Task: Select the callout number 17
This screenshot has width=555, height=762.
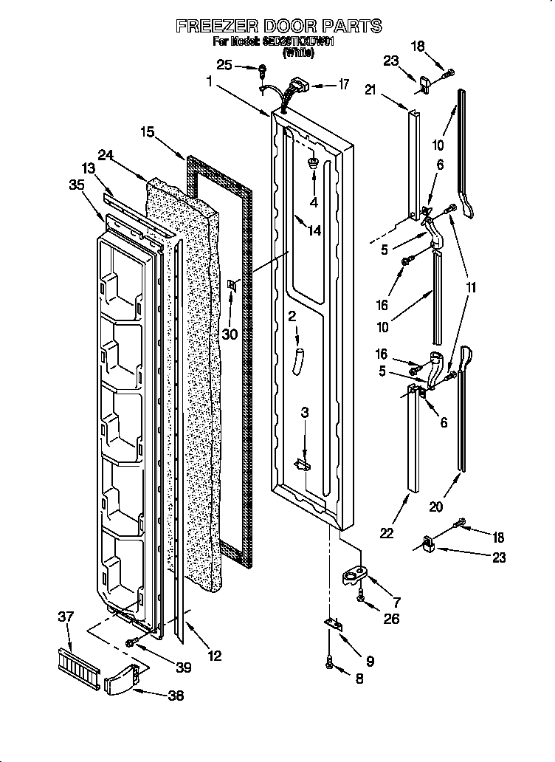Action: tap(343, 84)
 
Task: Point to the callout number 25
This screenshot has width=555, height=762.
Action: tap(225, 66)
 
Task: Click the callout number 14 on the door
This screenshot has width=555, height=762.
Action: tap(314, 230)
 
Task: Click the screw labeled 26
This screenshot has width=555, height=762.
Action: tap(361, 599)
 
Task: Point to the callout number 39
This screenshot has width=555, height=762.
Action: tap(183, 667)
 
